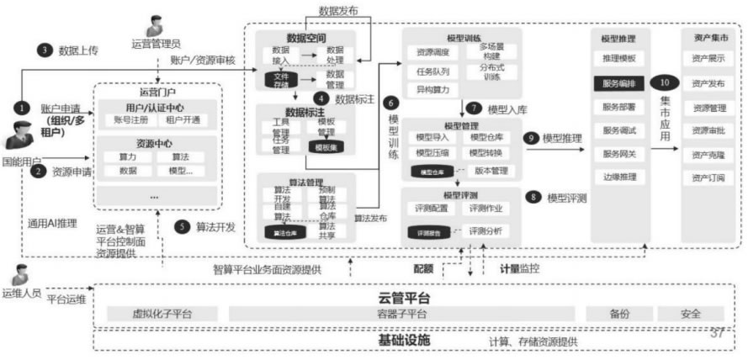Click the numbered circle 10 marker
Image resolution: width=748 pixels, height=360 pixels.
click(x=665, y=83)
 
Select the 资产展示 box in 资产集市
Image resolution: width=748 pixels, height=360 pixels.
click(x=709, y=59)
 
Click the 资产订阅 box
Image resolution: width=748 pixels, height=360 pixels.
click(x=709, y=178)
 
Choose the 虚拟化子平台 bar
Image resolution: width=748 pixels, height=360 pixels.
click(x=162, y=314)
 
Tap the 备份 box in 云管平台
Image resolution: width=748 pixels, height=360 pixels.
click(x=618, y=314)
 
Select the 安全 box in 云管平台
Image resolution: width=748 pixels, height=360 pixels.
click(x=691, y=314)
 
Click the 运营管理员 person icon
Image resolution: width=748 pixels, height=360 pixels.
click(x=154, y=25)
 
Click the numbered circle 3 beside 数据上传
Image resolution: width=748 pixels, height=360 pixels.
click(x=44, y=50)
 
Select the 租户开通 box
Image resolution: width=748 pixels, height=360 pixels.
click(x=183, y=120)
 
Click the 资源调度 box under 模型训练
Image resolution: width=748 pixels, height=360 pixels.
click(x=432, y=52)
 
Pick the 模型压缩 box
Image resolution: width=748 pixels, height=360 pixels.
click(x=432, y=152)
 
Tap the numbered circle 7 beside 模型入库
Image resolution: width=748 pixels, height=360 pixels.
click(x=474, y=109)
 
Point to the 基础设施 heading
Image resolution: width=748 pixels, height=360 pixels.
click(x=404, y=341)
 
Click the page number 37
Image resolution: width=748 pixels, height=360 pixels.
click(x=717, y=332)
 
